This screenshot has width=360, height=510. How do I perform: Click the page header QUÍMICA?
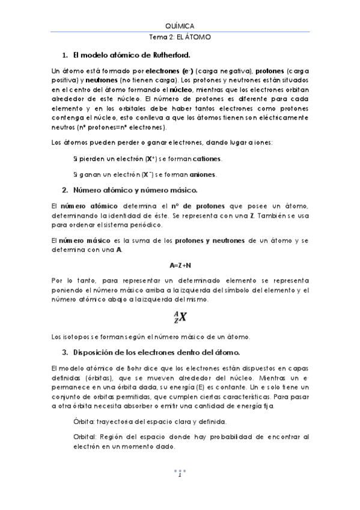180,26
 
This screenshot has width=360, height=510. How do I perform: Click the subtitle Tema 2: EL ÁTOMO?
180,37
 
